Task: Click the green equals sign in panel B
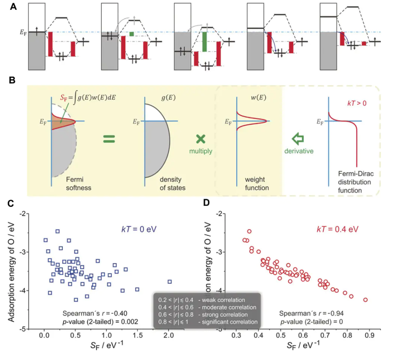(x=109, y=139)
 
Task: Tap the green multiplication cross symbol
(x=201, y=139)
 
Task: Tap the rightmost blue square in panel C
(x=169, y=282)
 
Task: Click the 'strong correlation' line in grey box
(x=206, y=315)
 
